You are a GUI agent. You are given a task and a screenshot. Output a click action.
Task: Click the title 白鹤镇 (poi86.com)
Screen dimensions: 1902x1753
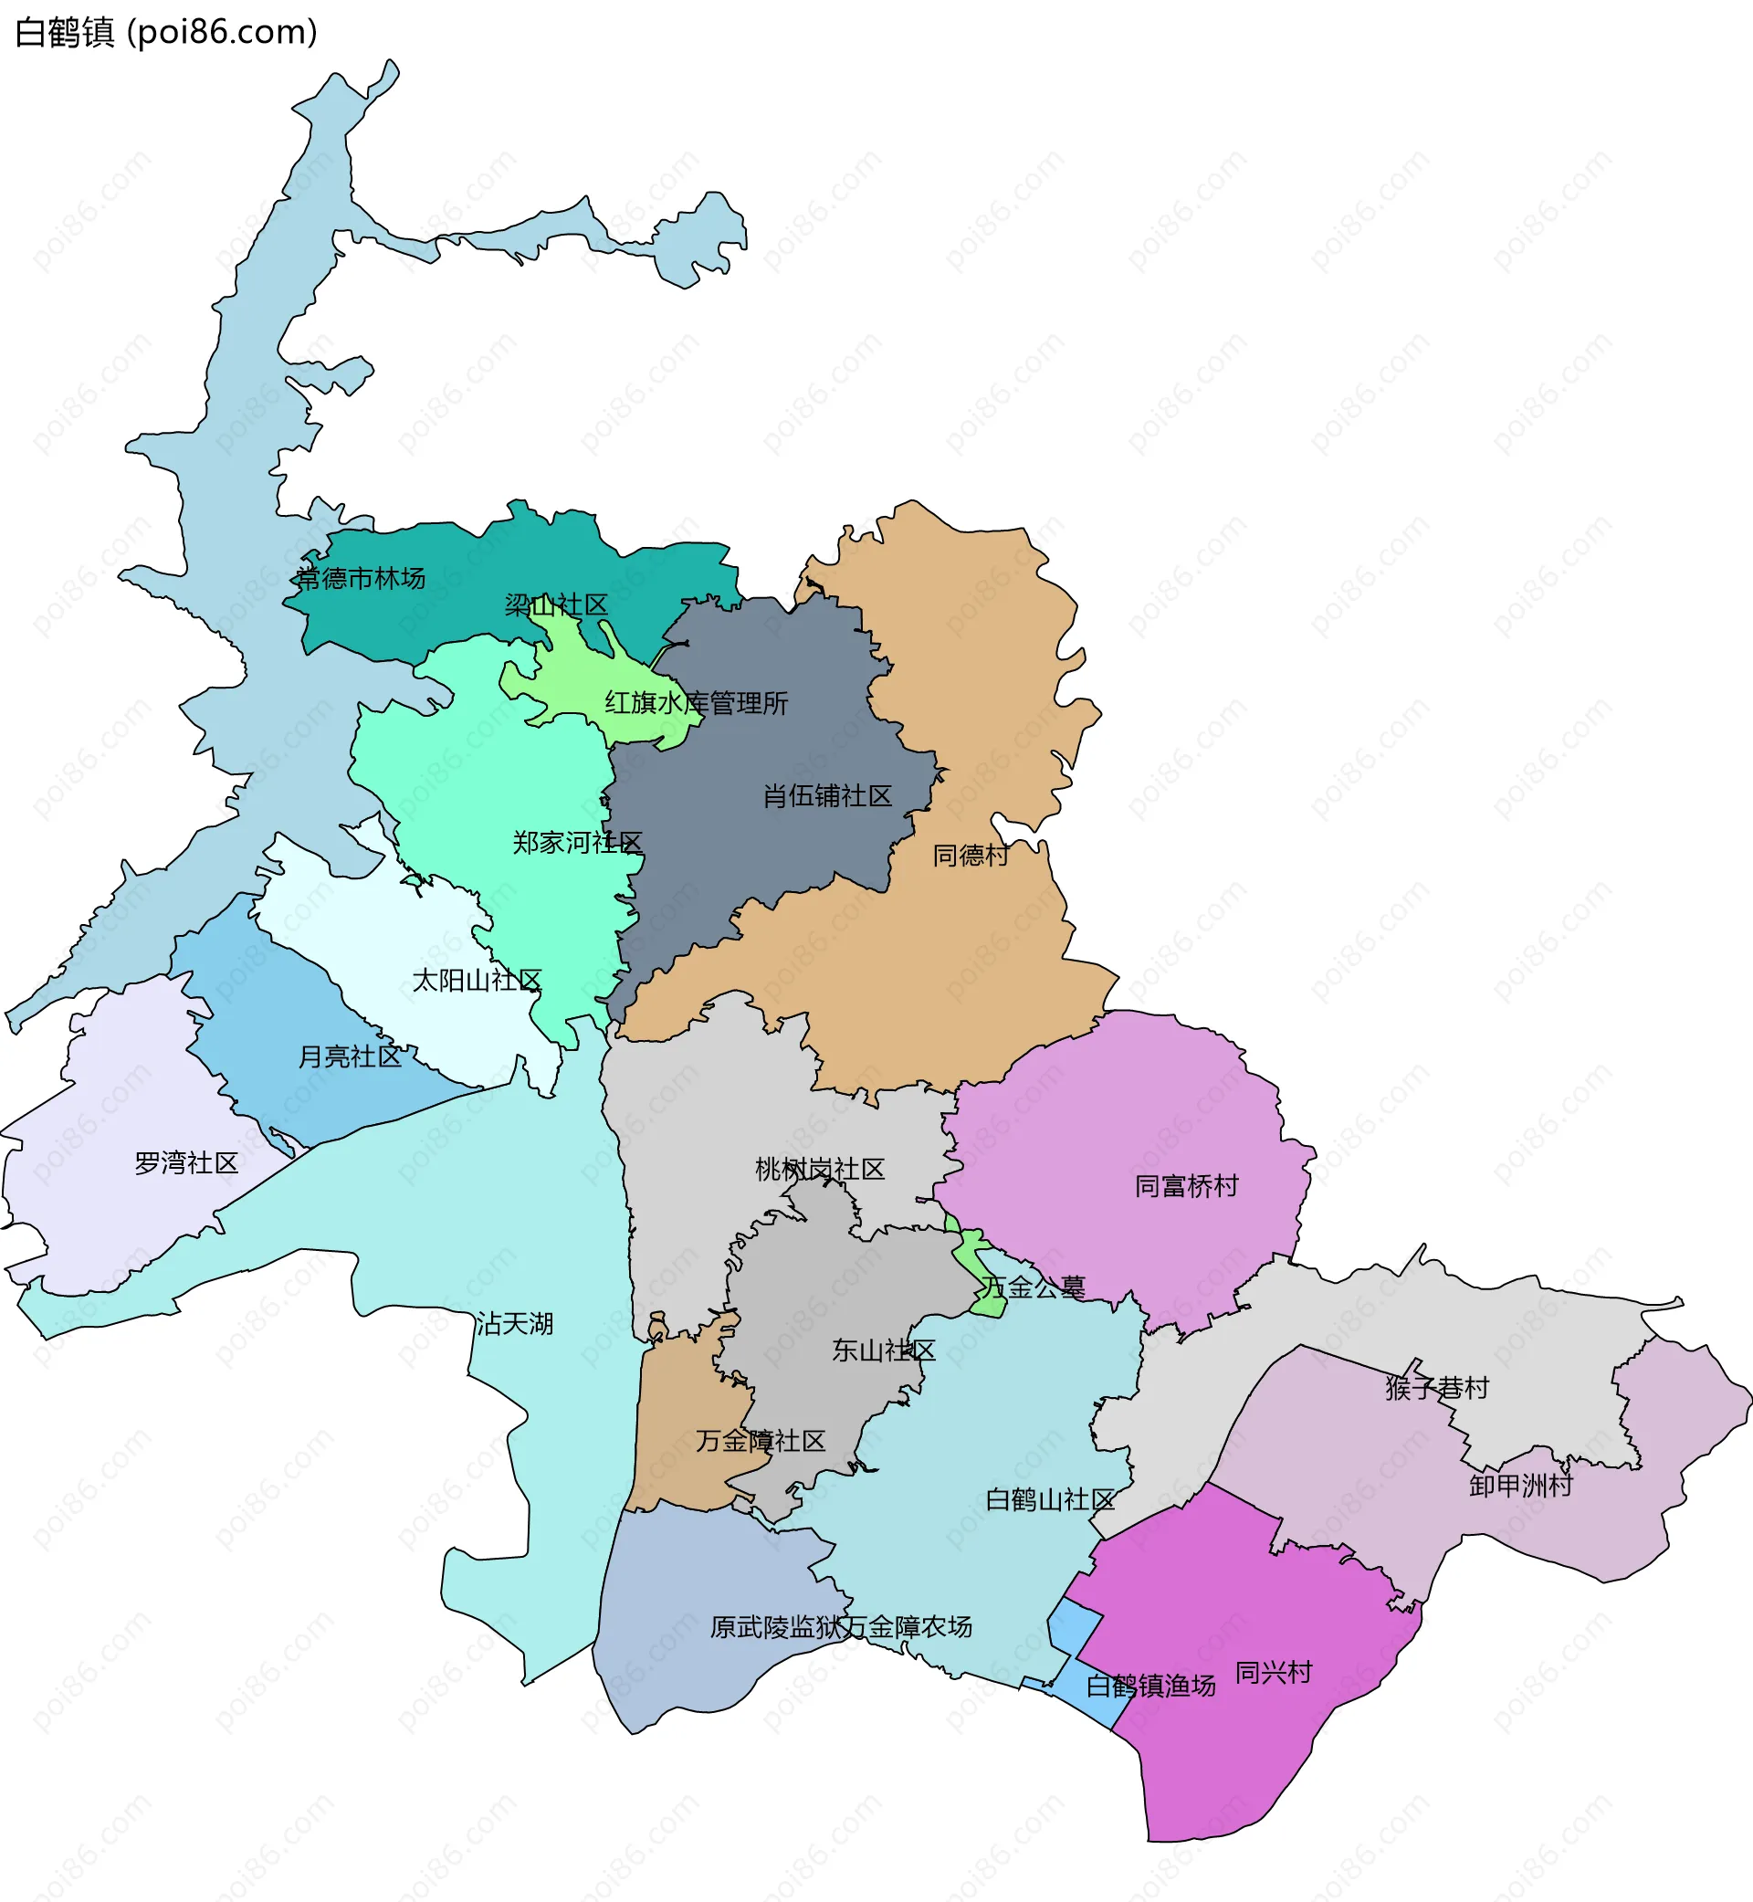[166, 32]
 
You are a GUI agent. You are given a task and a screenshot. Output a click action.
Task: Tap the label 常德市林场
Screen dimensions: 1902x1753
[361, 578]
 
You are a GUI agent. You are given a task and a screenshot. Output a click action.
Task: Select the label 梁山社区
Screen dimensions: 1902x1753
[556, 605]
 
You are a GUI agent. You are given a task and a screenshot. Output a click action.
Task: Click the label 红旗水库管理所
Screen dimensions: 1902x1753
[697, 703]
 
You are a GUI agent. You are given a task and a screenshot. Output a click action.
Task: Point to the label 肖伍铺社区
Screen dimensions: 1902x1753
[827, 796]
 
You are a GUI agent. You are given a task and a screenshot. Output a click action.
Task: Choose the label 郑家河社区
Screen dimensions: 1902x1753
[578, 843]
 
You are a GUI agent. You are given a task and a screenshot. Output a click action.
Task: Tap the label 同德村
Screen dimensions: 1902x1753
[971, 856]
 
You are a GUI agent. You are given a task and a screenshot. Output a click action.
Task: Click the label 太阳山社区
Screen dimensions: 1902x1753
[477, 980]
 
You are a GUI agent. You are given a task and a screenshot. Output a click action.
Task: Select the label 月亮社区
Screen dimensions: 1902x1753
[350, 1056]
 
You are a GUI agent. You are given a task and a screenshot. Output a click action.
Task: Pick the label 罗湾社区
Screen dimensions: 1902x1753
[186, 1163]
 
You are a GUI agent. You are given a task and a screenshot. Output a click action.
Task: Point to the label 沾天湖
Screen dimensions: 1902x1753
[514, 1323]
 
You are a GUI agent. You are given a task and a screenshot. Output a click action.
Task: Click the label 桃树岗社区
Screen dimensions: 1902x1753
[820, 1170]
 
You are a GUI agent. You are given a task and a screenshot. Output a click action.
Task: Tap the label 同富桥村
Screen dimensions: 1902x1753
[1187, 1186]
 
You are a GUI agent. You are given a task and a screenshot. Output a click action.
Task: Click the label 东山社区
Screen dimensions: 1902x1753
[883, 1350]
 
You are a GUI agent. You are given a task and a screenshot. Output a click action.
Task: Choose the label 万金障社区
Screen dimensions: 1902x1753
[761, 1441]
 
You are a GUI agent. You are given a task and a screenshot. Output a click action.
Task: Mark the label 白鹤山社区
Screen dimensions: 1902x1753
[1050, 1500]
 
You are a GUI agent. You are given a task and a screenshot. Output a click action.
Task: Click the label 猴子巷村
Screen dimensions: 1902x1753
[1436, 1388]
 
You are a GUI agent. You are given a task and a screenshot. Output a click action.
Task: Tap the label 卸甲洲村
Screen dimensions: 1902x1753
[1520, 1486]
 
